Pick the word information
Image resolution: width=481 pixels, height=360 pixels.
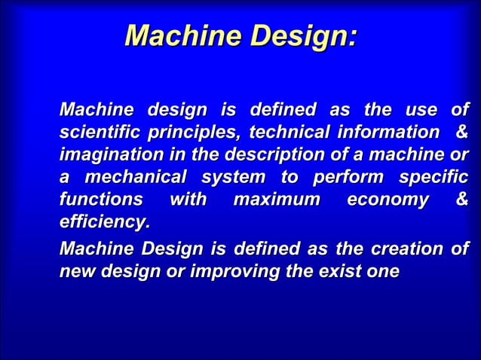(381, 134)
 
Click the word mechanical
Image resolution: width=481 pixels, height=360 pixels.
(136, 179)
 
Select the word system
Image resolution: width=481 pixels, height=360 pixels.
(233, 179)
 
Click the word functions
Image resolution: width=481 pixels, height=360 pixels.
(100, 201)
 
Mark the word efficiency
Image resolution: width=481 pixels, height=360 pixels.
(104, 224)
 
